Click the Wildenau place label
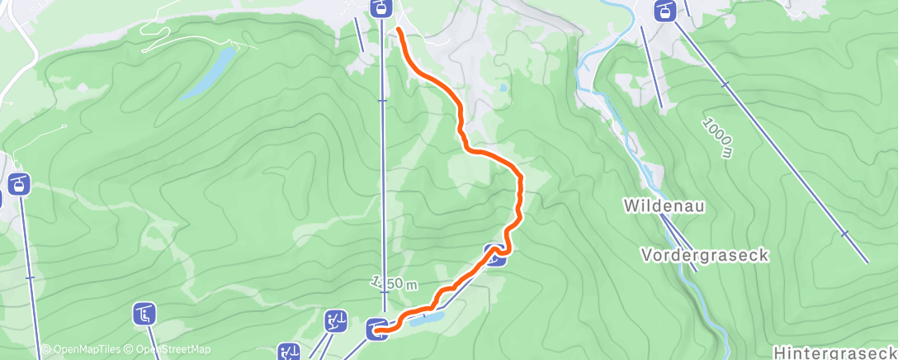click(664, 205)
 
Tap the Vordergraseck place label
click(704, 256)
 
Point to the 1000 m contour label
click(717, 137)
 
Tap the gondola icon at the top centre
click(380, 9)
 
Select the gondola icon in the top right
click(664, 11)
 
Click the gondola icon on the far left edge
click(18, 183)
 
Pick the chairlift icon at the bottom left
click(144, 313)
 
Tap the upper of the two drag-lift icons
click(335, 320)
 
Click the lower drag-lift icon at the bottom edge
click(289, 353)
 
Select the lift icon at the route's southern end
click(376, 329)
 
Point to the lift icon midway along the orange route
click(494, 255)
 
